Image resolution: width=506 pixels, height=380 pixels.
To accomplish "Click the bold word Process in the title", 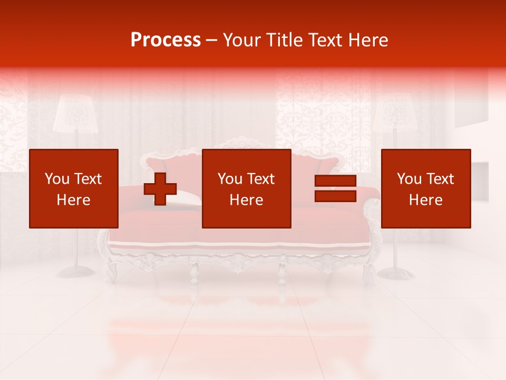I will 166,40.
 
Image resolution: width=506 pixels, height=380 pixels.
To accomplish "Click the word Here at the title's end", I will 368,40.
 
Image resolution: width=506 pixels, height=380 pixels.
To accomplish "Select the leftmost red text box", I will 74,188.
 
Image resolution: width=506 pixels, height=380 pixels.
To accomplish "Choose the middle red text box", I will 246,188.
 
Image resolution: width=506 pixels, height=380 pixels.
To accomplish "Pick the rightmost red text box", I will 425,188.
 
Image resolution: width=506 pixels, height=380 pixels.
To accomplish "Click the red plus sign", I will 160,189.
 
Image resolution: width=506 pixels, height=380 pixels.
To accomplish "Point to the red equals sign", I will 335,188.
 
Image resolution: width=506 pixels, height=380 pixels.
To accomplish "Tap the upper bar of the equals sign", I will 335,181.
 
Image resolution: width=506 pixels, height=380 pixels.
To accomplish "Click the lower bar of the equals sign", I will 335,196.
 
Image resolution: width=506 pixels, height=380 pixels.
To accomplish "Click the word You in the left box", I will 57,179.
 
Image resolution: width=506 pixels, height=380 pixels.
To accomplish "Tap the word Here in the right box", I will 425,200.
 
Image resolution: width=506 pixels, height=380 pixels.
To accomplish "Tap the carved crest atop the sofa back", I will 242,142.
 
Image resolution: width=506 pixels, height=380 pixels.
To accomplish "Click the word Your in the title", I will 241,40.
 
